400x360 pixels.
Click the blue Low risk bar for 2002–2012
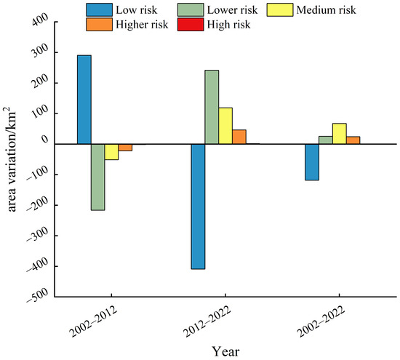tap(84, 100)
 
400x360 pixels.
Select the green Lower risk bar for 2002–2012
tap(98, 177)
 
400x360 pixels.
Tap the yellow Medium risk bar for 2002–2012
tap(111, 152)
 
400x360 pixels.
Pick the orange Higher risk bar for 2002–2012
tap(125, 148)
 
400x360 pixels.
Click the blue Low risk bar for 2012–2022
tap(198, 207)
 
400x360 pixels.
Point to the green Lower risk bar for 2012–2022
tap(212, 107)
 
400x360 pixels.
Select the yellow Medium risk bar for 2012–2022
tap(225, 126)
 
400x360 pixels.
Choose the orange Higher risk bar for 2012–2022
tap(239, 137)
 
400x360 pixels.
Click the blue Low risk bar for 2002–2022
tap(312, 162)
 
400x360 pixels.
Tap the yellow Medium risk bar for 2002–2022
tap(340, 134)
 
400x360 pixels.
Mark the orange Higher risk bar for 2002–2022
tap(353, 140)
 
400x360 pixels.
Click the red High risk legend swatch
tap(191, 25)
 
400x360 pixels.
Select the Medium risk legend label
tap(326, 10)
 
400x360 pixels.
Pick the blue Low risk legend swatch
tap(99, 10)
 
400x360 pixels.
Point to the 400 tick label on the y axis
tap(40, 19)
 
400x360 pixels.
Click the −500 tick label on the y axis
tap(37, 295)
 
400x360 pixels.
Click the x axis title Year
tap(225, 351)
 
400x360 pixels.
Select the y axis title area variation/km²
tap(10, 159)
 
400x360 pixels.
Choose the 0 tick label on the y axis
tap(45, 140)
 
